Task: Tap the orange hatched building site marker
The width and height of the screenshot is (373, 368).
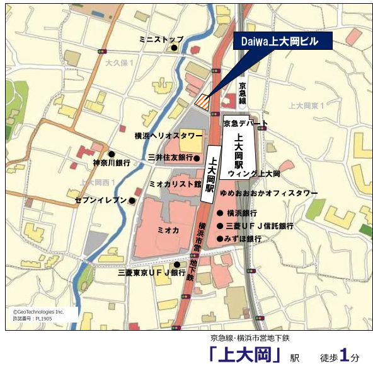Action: click(x=202, y=100)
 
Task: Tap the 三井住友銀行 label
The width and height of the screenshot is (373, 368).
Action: click(x=169, y=157)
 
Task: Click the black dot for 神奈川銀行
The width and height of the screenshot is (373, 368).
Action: click(x=112, y=153)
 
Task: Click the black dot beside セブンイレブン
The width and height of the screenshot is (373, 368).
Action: click(x=132, y=201)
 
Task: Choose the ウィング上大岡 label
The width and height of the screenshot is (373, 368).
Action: click(x=254, y=172)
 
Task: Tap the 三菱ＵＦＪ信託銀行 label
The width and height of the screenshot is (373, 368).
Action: click(x=260, y=226)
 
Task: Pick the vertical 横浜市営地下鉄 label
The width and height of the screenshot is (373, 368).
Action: click(x=200, y=252)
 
